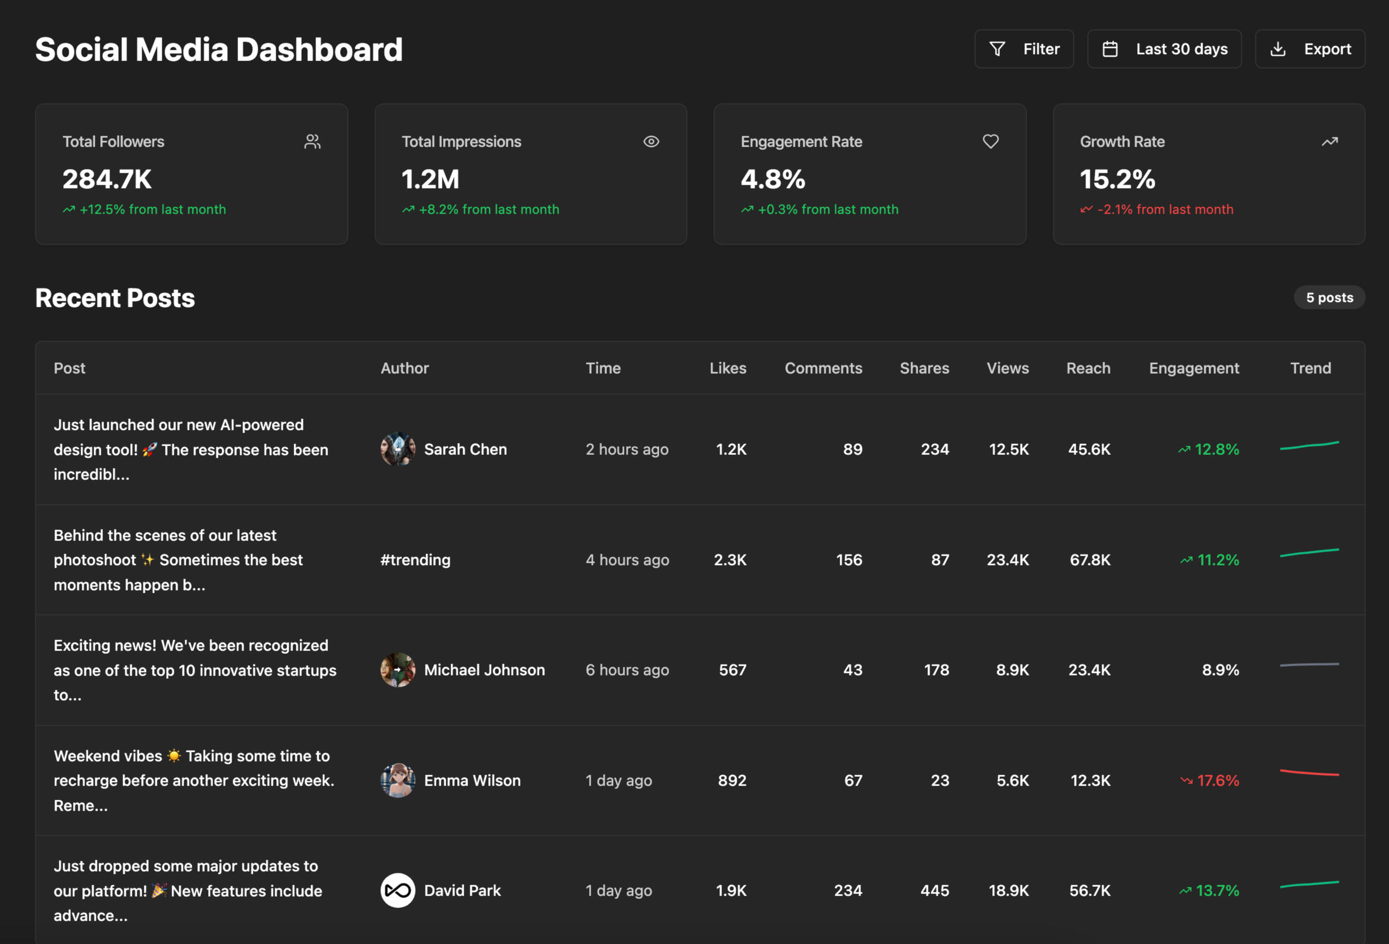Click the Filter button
click(1023, 49)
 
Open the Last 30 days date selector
click(1164, 49)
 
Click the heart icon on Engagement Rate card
click(990, 142)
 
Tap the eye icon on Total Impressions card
click(651, 142)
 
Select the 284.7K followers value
click(107, 179)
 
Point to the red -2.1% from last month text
click(1164, 210)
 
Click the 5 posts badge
click(1329, 297)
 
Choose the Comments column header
click(823, 368)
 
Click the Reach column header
click(1088, 368)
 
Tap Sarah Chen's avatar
click(397, 449)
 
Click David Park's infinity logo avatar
click(397, 890)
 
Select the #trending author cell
click(415, 560)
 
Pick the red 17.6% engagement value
click(1217, 780)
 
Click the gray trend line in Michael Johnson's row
click(1309, 665)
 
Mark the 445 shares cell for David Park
click(934, 890)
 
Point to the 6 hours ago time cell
click(627, 670)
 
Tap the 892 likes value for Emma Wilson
click(732, 780)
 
